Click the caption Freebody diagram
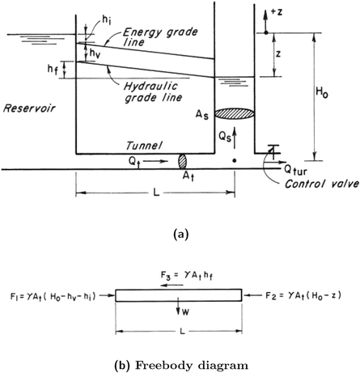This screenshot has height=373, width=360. [x=180, y=359]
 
